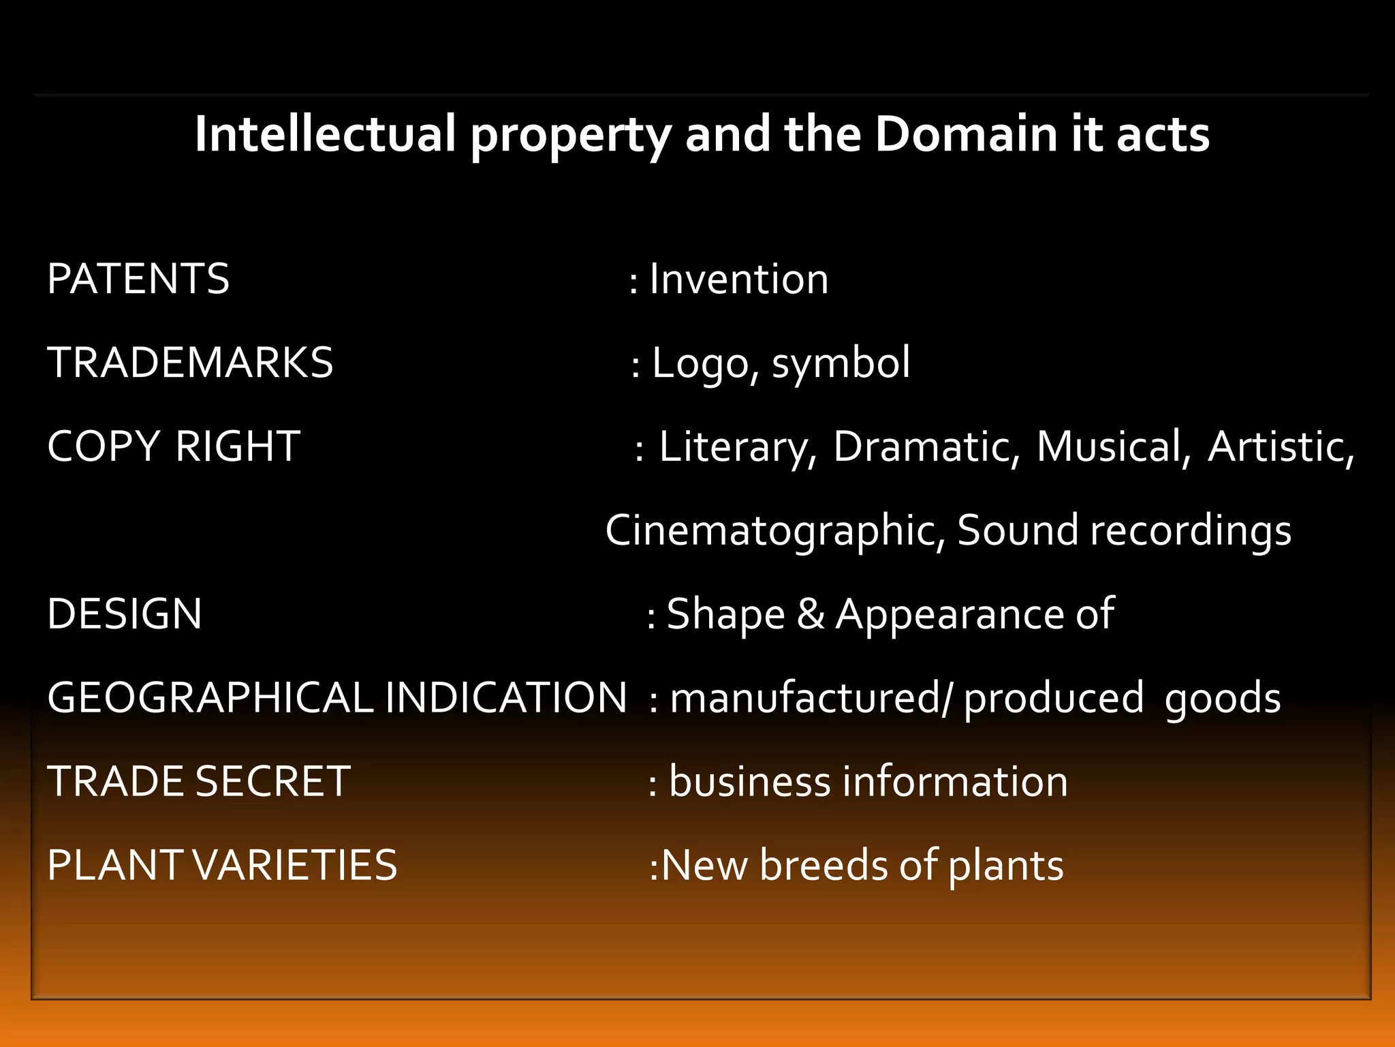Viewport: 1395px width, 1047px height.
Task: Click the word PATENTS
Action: coord(138,279)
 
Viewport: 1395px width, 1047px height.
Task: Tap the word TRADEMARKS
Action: coord(190,362)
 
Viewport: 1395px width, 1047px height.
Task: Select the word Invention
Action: coord(739,279)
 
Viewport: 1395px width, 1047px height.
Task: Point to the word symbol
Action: coord(841,363)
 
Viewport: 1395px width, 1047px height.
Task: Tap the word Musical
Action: coord(1113,447)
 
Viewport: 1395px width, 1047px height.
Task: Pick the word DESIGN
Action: coord(125,613)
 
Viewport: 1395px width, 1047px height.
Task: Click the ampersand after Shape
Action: coord(811,613)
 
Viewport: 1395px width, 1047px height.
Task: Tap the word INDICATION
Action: coord(505,697)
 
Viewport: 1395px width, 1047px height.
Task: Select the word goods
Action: coord(1223,699)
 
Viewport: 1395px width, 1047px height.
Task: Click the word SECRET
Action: coord(272,781)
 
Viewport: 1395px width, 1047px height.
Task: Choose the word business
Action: coord(749,781)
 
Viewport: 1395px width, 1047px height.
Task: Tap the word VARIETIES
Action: coord(295,865)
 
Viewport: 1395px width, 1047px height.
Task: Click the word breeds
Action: coord(823,865)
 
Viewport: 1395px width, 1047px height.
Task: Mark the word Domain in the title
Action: coord(965,134)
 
